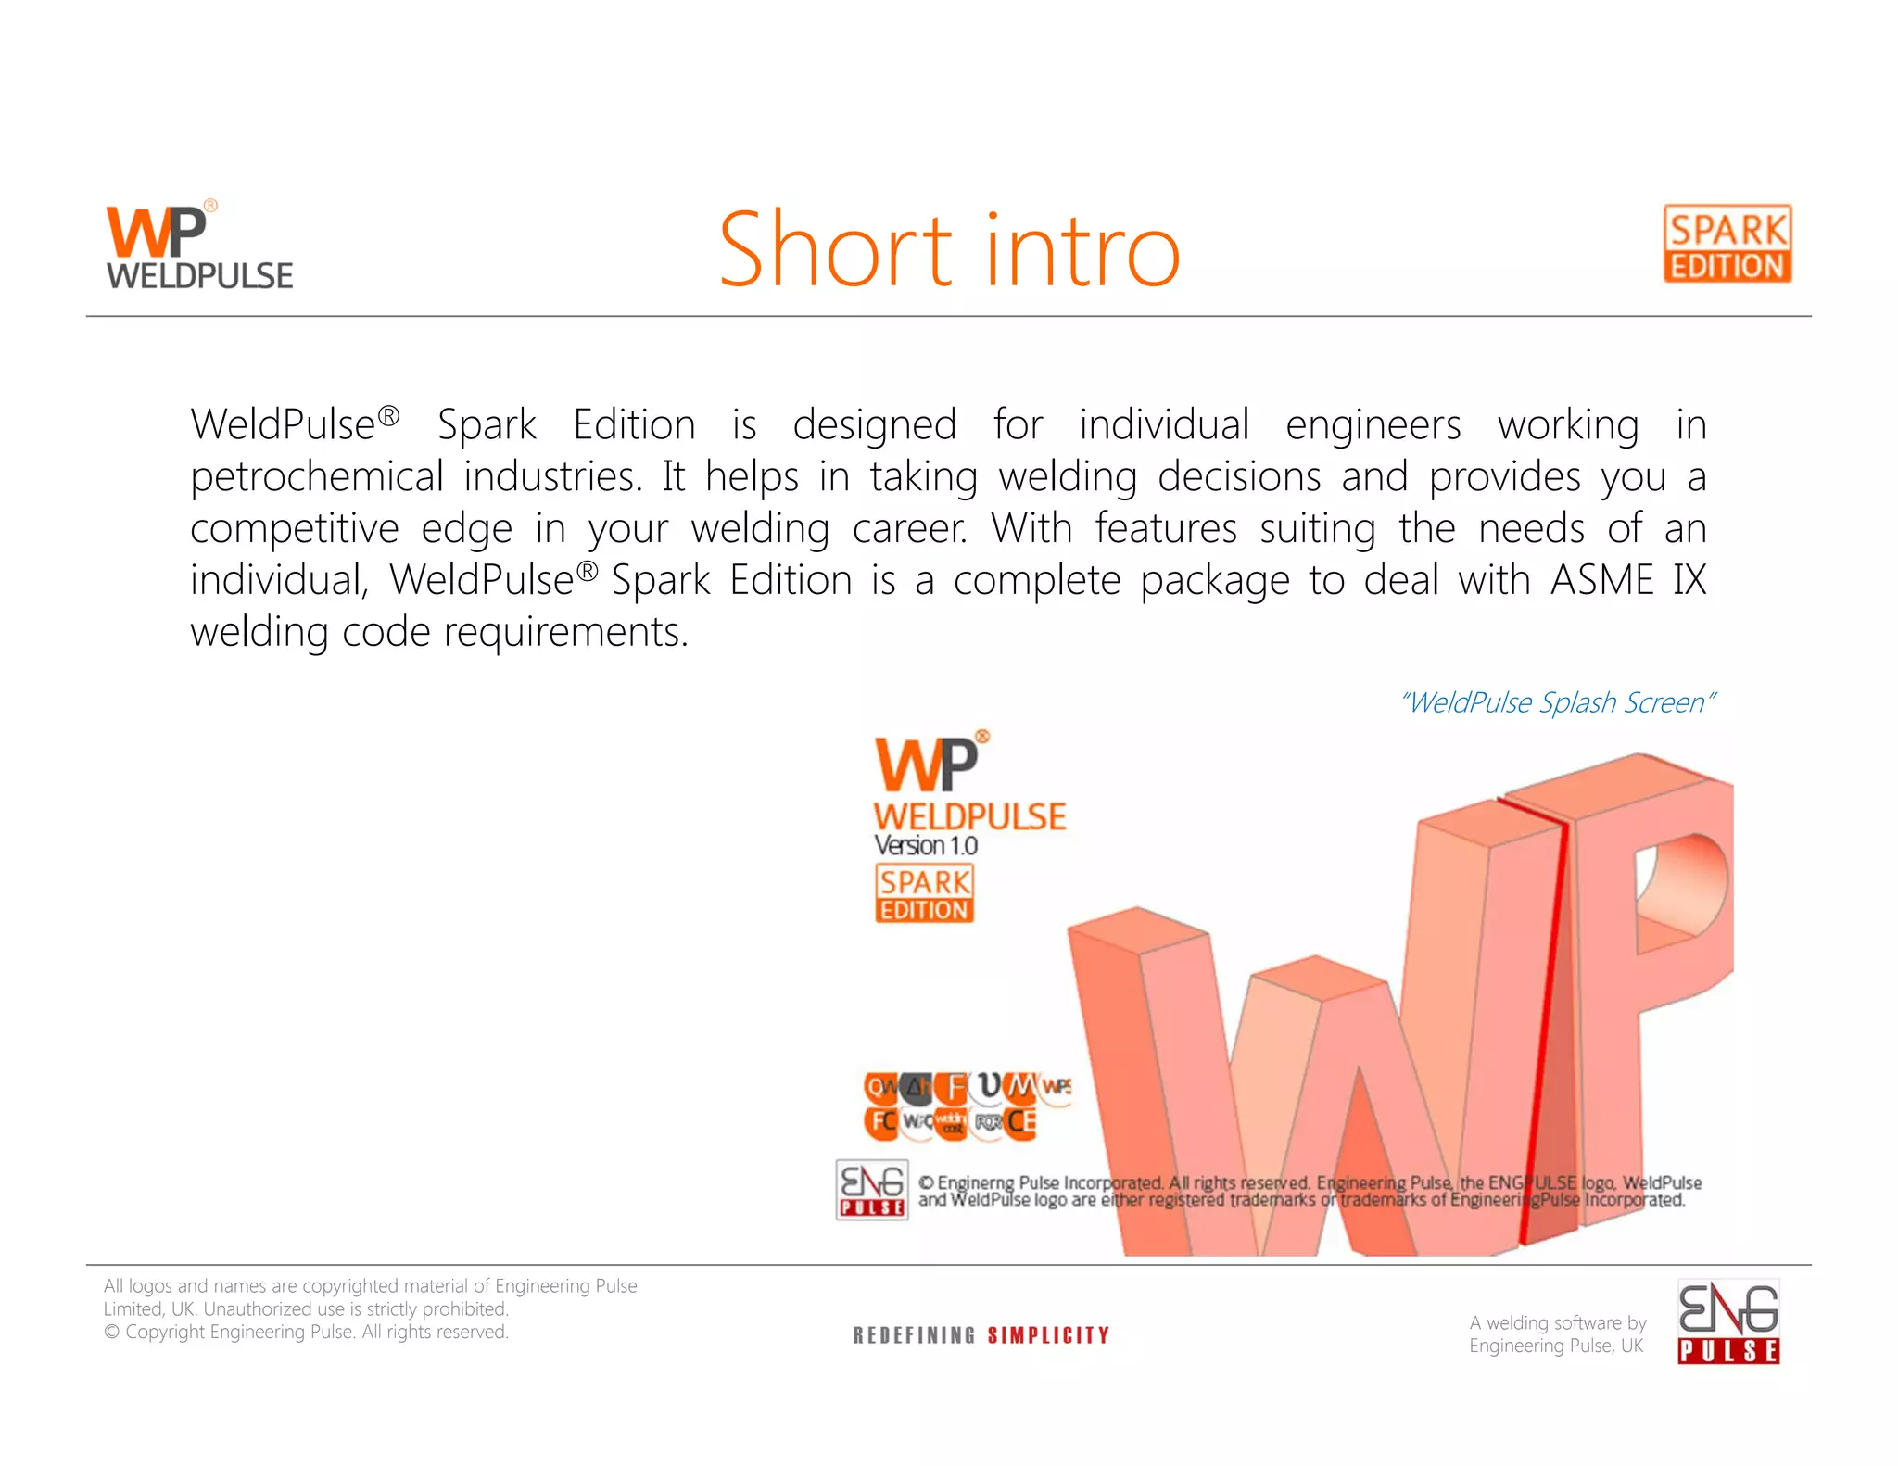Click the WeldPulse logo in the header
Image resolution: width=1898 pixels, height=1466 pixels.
(198, 246)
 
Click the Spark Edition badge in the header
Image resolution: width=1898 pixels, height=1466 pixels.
(1727, 245)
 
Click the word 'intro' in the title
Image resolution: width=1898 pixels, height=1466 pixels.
(1082, 250)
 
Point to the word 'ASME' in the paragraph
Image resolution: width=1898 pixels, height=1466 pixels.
(1601, 581)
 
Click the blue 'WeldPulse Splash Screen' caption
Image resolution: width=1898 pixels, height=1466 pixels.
(1557, 702)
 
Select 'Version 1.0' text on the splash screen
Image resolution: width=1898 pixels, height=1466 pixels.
(925, 845)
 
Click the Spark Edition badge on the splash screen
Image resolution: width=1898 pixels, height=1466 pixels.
(924, 894)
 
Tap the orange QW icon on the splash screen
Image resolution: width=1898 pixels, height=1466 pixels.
(879, 1086)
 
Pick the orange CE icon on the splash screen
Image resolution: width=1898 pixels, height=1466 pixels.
(1021, 1122)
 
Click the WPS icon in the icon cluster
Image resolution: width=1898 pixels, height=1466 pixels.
(1057, 1086)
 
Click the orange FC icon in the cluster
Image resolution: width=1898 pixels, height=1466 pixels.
(881, 1122)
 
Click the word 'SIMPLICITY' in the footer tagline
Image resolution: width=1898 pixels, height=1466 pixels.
(1048, 1335)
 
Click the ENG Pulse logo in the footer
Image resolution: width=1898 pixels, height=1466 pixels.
(1728, 1321)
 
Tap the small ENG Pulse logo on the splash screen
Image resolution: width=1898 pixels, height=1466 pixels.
(871, 1189)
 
